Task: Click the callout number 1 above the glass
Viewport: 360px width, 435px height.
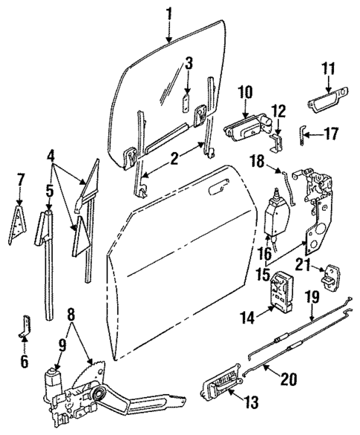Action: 168,12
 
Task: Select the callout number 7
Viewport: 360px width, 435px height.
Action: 20,180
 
